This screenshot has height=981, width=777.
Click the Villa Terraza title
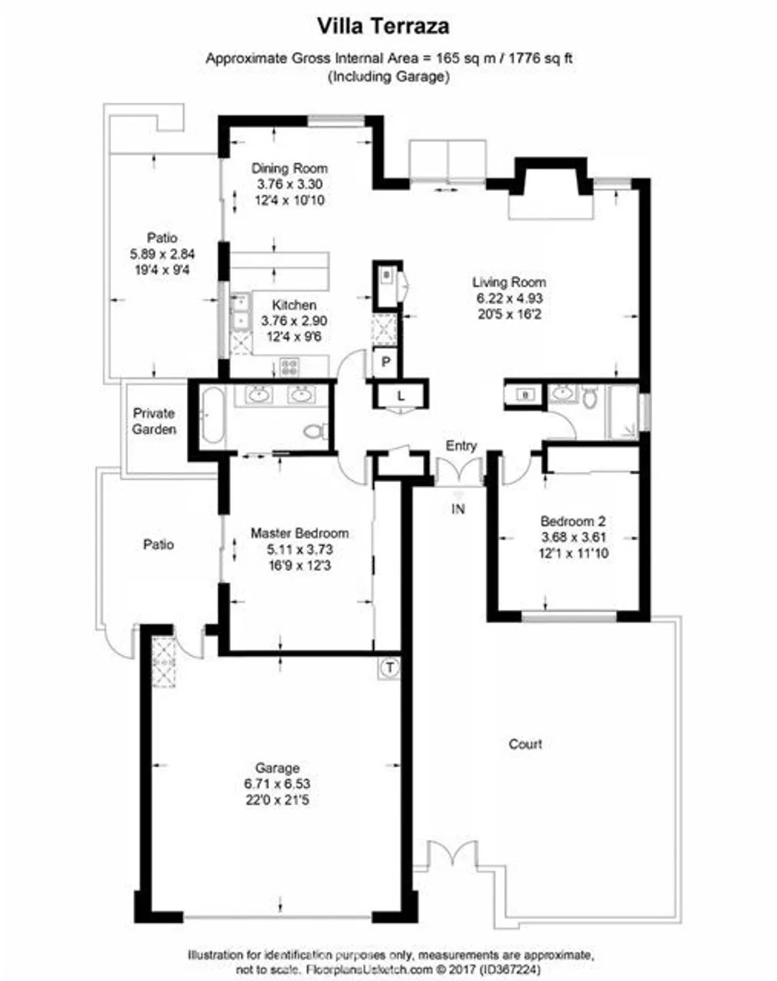tap(383, 26)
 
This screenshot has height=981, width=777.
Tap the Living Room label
tap(509, 282)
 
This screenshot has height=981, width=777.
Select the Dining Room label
tap(289, 168)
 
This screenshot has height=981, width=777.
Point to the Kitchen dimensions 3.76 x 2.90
tap(294, 321)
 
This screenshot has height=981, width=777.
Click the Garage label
tap(277, 768)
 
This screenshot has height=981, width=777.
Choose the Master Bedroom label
tap(299, 533)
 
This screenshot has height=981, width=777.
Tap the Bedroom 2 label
tap(572, 521)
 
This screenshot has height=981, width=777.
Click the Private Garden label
tap(154, 421)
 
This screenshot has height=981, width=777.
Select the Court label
tap(525, 744)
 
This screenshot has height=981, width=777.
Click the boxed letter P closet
tap(386, 362)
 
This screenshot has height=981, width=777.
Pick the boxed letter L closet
tap(400, 396)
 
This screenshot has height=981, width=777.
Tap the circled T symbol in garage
tap(390, 668)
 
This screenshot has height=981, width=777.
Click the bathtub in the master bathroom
tap(213, 416)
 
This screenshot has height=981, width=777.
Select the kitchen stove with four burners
tap(289, 367)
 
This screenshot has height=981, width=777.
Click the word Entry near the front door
tap(460, 445)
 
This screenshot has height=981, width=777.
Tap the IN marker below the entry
tap(458, 508)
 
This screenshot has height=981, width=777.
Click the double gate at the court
tap(451, 855)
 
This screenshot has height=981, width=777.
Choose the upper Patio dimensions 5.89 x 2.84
tap(162, 254)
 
